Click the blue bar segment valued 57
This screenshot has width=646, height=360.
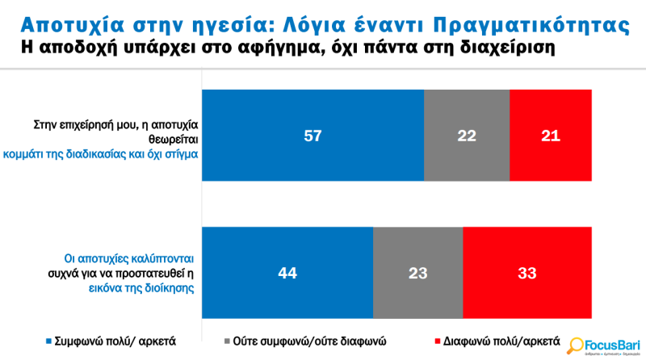313,136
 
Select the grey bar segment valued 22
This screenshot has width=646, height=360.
466,136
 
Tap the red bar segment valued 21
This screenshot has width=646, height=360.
551,136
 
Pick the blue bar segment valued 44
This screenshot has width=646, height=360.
287,273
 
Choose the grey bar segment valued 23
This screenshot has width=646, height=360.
417,273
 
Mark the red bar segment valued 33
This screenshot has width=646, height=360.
527,273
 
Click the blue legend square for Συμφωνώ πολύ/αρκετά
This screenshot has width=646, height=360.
51,341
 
